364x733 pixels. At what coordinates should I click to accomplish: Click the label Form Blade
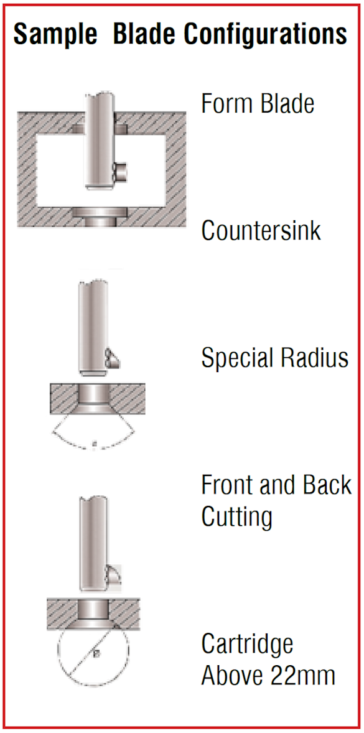pos(258,103)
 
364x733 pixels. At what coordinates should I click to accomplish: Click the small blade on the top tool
pos(120,171)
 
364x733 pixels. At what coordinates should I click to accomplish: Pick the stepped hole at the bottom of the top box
pos(100,218)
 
